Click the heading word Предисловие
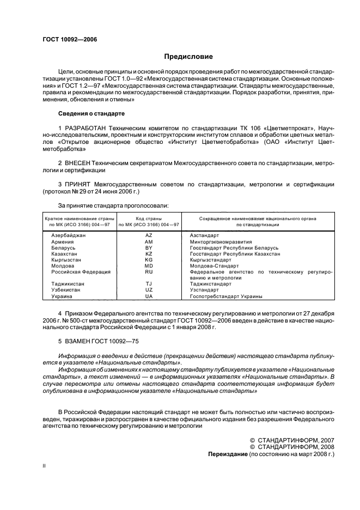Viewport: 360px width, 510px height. (189, 56)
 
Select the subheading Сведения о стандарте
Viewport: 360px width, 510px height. (91, 113)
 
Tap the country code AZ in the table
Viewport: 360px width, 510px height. (149, 235)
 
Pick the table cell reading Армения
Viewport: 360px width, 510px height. (63, 241)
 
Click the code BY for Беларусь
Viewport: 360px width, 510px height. (149, 247)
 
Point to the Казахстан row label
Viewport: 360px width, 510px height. (65, 253)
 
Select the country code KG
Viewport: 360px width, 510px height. (149, 259)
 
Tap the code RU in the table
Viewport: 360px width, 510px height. (149, 271)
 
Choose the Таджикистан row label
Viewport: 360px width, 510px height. (68, 284)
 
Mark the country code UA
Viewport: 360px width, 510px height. (149, 296)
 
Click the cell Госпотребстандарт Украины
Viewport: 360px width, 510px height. (226, 296)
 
